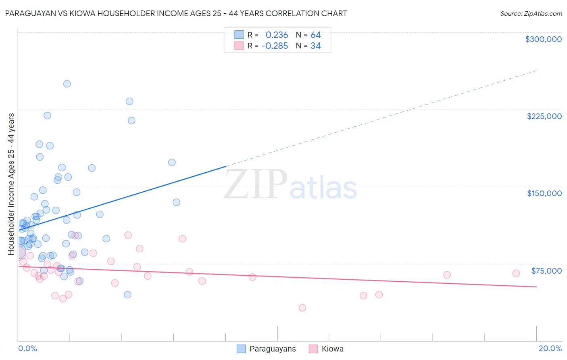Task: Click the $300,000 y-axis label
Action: click(x=543, y=39)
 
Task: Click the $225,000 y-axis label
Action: click(x=544, y=116)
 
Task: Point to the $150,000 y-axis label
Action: click(x=544, y=193)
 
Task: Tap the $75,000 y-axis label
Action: click(x=546, y=271)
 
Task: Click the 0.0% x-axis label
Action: click(x=27, y=348)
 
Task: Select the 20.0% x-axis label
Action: click(x=550, y=348)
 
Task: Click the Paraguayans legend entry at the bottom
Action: click(x=272, y=349)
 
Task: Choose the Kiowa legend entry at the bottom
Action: click(x=332, y=349)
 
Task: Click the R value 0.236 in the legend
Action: click(x=277, y=35)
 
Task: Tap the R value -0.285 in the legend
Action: click(x=275, y=46)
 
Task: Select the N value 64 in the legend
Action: click(x=315, y=35)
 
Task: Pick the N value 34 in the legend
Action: click(x=315, y=46)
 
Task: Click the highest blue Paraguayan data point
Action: click(x=67, y=84)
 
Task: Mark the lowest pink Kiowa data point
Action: click(x=302, y=308)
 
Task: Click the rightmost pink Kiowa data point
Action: click(x=516, y=273)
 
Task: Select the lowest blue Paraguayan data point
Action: click(x=127, y=295)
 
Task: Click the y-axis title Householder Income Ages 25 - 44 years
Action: click(x=11, y=184)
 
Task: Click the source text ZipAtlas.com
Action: click(x=531, y=14)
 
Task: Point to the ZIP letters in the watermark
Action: click(x=255, y=185)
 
